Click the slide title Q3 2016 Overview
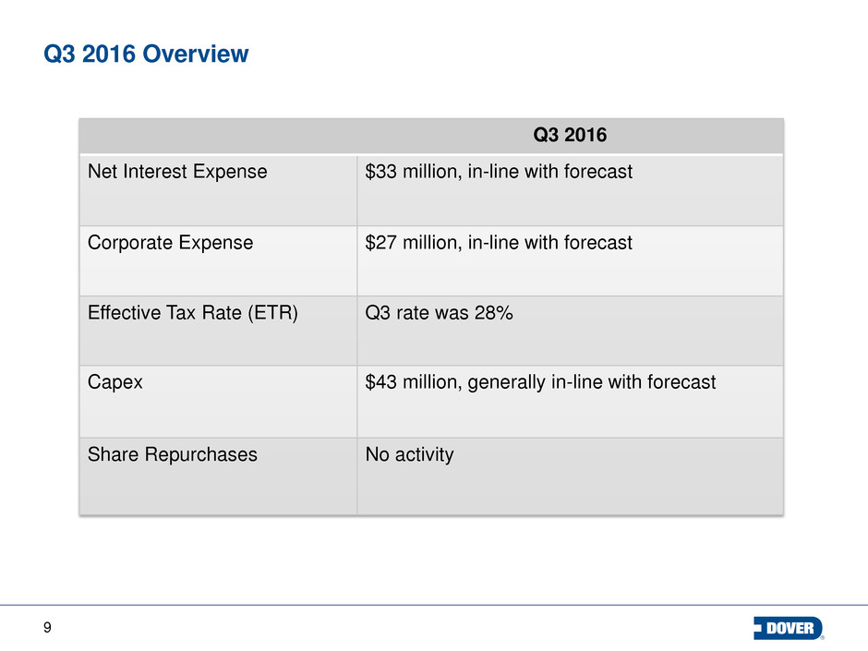[x=146, y=54]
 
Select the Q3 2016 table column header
[x=570, y=136]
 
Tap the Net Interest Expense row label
[x=177, y=172]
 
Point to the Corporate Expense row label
[x=171, y=243]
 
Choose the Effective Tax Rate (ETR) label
[x=193, y=313]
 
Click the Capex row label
[x=115, y=380]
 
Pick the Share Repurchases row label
[x=173, y=454]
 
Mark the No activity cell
[x=409, y=454]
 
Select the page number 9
[x=47, y=628]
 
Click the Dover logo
[x=789, y=628]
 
